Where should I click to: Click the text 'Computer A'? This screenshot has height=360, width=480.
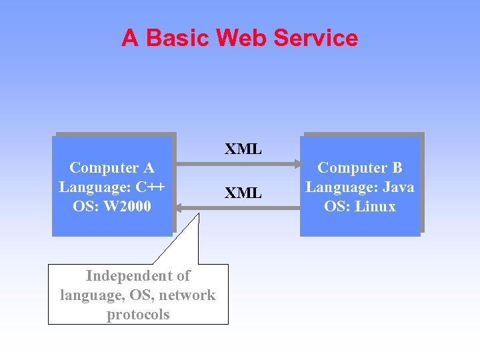click(112, 167)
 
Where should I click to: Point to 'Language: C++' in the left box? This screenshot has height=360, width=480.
click(112, 187)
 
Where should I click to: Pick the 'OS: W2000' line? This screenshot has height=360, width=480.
click(112, 206)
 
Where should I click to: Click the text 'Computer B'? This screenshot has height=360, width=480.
click(360, 167)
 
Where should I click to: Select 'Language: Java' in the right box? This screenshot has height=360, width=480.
click(360, 187)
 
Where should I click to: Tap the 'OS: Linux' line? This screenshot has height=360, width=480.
click(360, 206)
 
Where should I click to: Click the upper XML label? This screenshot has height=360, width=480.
click(243, 149)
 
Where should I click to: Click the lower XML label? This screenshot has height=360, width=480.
click(243, 193)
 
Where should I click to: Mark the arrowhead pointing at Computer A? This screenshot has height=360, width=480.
click(180, 213)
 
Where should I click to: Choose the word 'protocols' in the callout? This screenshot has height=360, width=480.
click(138, 314)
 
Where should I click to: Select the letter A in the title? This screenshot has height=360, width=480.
click(130, 38)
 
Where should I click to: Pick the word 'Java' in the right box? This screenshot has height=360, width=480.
click(397, 187)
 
